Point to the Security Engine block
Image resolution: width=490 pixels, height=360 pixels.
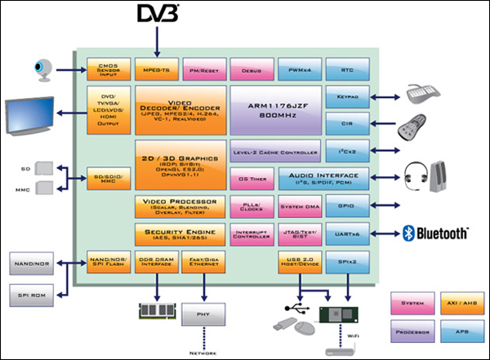[180, 235]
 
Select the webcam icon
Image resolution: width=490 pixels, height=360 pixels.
[43, 69]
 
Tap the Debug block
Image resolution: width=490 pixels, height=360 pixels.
[251, 68]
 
